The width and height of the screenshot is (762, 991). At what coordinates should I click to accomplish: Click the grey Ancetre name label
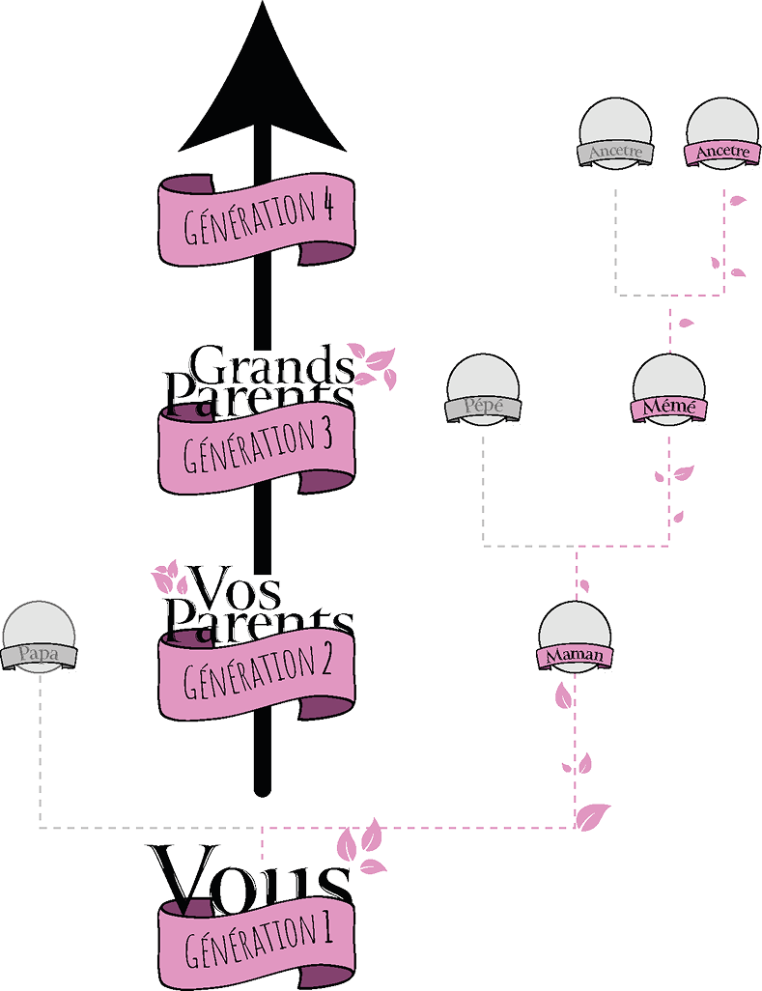615,153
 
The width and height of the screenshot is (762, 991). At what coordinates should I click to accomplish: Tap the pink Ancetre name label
721,153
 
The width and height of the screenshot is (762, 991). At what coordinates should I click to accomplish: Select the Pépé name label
483,407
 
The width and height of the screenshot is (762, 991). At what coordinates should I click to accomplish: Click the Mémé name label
668,407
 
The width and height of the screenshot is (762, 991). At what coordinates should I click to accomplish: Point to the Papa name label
39,655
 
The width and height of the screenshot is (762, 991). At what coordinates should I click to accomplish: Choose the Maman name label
575,656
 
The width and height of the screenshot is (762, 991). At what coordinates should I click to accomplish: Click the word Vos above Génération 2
238,585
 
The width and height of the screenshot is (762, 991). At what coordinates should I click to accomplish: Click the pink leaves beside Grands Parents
377,365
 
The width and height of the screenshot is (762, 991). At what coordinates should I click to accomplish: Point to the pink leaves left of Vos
172,578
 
